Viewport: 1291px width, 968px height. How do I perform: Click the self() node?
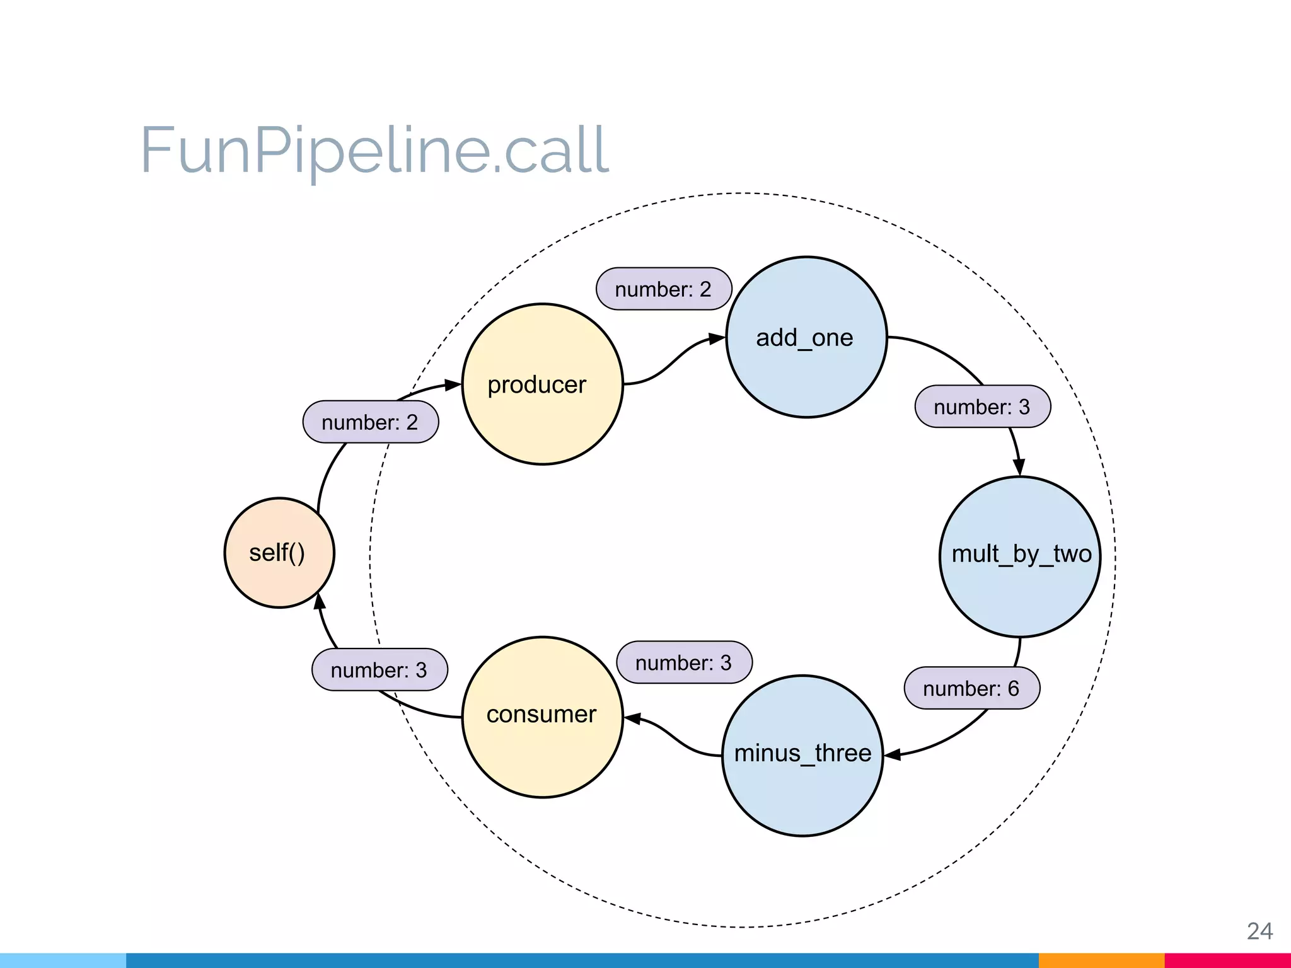[x=279, y=553]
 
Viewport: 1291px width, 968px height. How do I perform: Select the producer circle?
[x=542, y=384]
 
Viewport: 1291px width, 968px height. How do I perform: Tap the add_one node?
[x=806, y=337]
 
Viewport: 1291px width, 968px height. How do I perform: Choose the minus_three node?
[x=802, y=756]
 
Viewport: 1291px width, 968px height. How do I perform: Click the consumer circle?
[x=542, y=717]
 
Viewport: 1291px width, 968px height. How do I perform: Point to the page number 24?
[x=1259, y=931]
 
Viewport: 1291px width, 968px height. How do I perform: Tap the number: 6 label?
[x=971, y=688]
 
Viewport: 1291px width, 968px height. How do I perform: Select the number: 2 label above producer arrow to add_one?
[x=663, y=289]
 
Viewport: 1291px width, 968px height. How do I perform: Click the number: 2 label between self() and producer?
[x=370, y=422]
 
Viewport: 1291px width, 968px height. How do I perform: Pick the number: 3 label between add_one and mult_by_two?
[x=982, y=407]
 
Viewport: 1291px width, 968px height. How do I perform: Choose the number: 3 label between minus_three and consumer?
[x=684, y=662]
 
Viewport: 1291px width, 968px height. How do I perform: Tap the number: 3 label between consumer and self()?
[x=379, y=670]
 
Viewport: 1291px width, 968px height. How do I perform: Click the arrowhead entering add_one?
[x=717, y=339]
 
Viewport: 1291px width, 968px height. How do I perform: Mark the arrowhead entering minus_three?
[x=893, y=754]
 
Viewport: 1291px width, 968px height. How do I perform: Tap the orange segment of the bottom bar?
[x=1101, y=960]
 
